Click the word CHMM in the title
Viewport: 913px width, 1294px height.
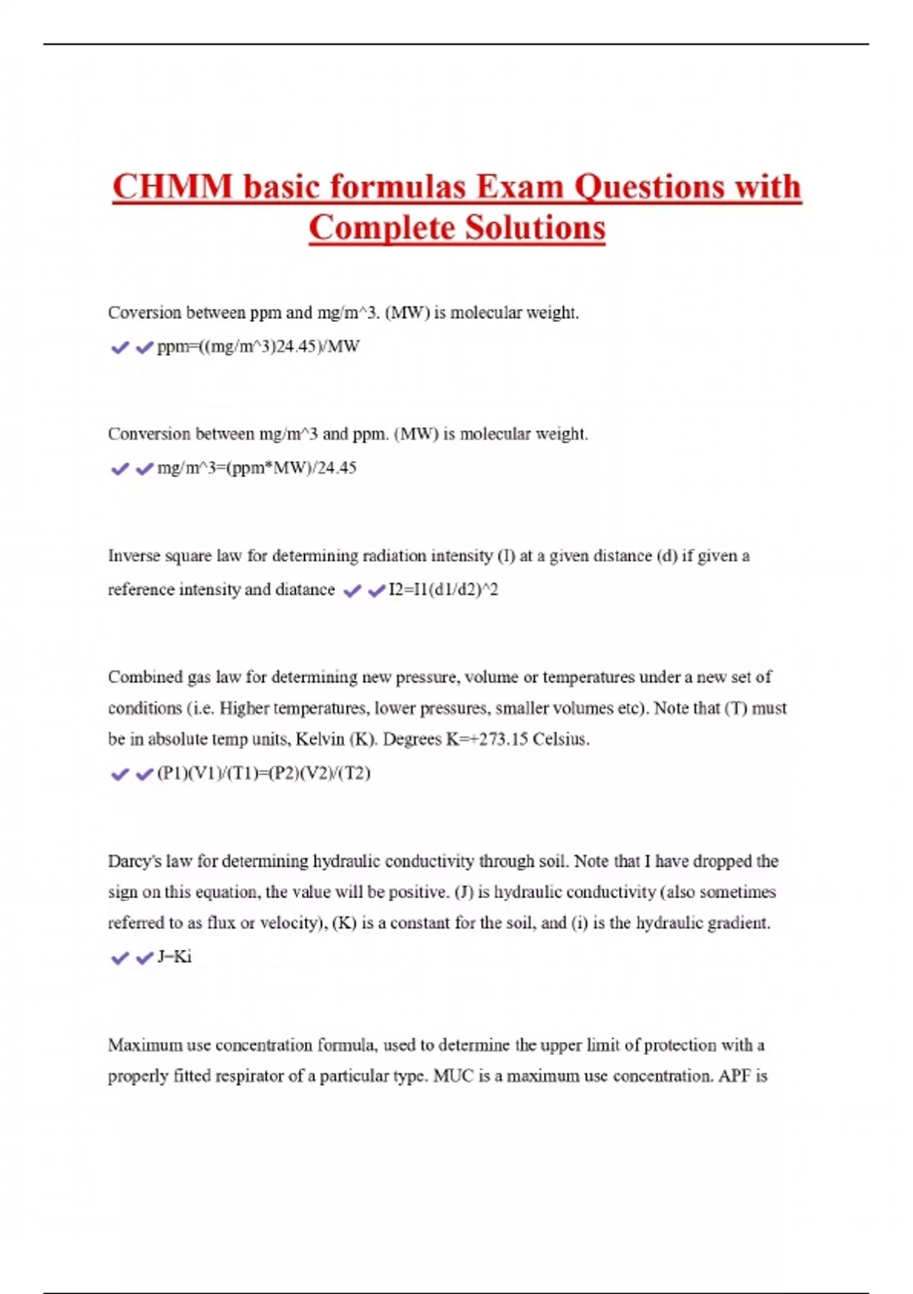point(173,187)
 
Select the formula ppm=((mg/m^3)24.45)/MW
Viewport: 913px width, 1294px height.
point(258,347)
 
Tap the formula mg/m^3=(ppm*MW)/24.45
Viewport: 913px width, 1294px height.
point(256,468)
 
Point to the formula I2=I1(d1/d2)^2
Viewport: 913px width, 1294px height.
point(443,590)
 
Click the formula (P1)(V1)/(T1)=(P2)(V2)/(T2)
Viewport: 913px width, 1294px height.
point(263,773)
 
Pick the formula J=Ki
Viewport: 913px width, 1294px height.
point(174,957)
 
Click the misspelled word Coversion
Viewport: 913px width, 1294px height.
point(145,313)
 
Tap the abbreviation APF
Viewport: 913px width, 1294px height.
point(734,1076)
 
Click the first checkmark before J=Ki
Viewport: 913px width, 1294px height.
point(119,958)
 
